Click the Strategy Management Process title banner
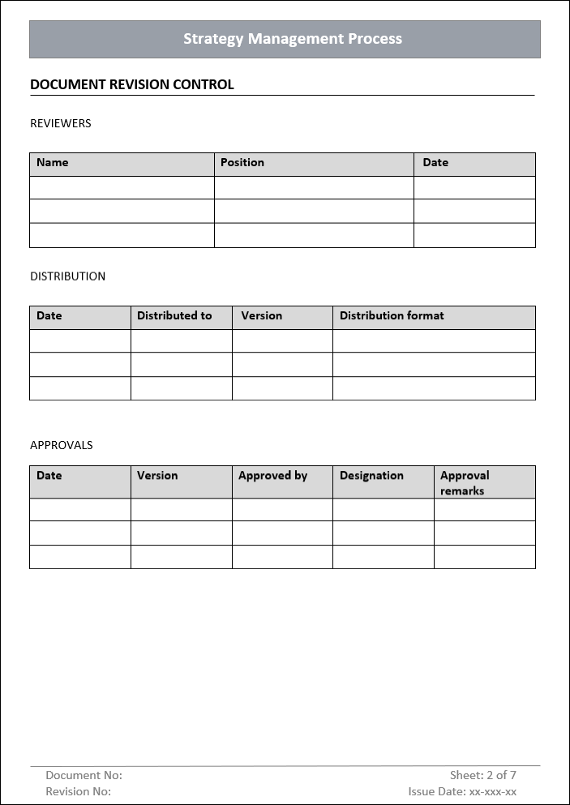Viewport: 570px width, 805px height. pos(292,39)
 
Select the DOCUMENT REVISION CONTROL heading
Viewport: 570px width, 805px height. pos(131,84)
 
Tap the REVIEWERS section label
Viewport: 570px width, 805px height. pos(61,123)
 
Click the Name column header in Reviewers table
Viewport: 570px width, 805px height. pos(53,162)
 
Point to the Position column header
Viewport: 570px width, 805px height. pos(242,162)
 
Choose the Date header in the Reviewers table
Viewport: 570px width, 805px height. pos(435,162)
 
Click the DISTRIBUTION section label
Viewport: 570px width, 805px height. pos(67,276)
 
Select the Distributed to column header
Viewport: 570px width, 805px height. pos(174,315)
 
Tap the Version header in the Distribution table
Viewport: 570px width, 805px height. pos(262,315)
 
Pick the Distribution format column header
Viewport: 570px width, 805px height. pos(392,315)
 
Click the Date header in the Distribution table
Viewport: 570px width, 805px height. pos(49,315)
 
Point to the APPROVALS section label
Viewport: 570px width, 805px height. pos(62,445)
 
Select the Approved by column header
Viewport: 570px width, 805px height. pos(272,476)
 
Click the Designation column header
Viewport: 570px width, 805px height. pos(371,476)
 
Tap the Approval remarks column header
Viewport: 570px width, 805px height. pos(465,482)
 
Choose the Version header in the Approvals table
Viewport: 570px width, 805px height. pos(157,476)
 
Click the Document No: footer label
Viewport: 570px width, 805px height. pos(84,776)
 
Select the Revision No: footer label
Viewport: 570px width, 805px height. pos(78,792)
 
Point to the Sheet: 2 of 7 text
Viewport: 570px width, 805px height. pos(483,776)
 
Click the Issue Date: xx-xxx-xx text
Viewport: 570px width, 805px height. pos(462,792)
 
